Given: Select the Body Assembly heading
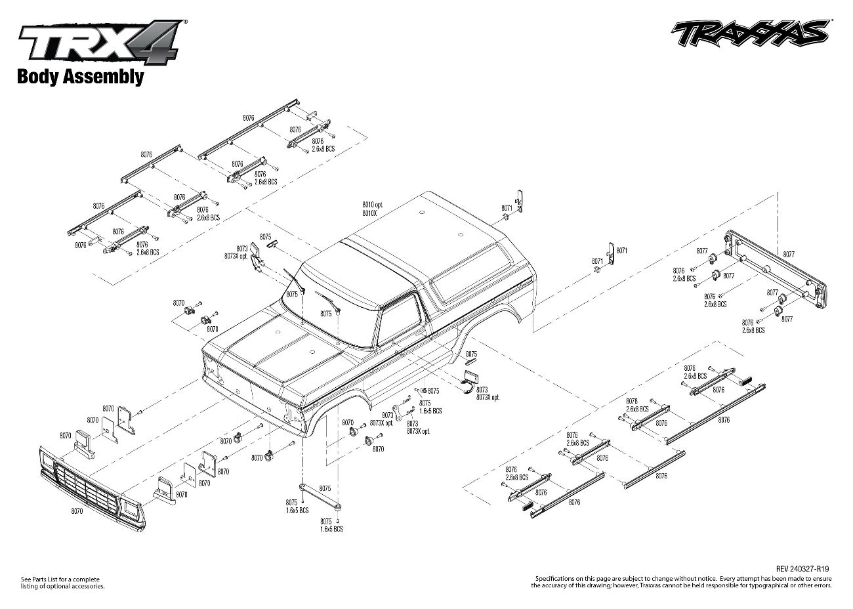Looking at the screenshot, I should (x=79, y=77).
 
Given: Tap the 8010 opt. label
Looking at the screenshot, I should (x=373, y=205).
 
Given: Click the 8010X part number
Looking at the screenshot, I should (x=369, y=213).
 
